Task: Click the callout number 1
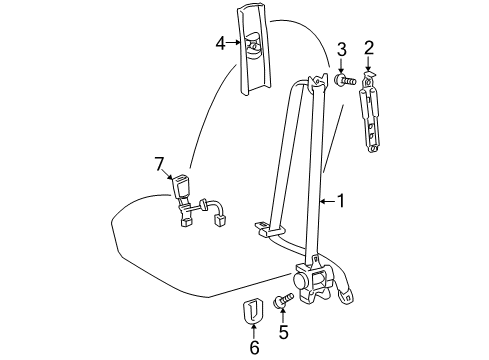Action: point(341,201)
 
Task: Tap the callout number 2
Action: point(369,48)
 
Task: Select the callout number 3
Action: point(341,50)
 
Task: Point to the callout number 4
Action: point(221,43)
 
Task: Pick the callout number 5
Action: point(283,331)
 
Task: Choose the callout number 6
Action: point(254,347)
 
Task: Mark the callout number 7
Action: point(159,165)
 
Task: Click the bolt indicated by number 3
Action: point(345,80)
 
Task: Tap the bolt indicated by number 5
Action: point(283,300)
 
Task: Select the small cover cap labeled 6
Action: point(253,312)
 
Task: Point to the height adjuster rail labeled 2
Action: point(370,113)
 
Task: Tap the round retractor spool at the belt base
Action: point(303,280)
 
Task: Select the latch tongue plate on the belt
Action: point(268,229)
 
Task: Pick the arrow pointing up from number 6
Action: point(254,332)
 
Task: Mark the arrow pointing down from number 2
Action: point(368,63)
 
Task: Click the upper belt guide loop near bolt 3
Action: point(316,82)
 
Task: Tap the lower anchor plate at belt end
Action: point(346,295)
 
